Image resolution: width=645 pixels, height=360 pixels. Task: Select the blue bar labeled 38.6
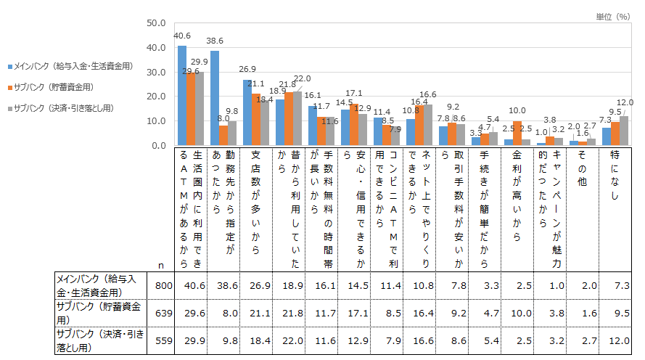(x=215, y=98)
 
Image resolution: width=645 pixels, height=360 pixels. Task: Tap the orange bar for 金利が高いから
(x=517, y=134)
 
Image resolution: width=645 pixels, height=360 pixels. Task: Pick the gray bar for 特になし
(x=624, y=131)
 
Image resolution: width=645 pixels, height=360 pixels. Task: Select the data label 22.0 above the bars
(x=302, y=78)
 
